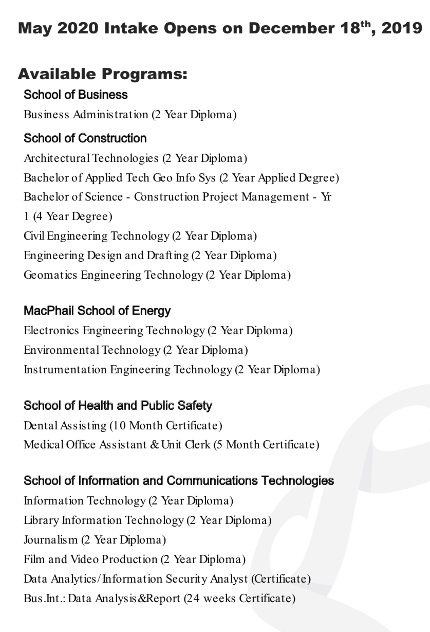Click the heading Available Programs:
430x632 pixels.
click(x=103, y=74)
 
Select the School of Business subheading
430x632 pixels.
click(x=76, y=95)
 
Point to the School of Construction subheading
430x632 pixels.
click(x=85, y=138)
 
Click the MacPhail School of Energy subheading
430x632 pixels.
click(x=97, y=311)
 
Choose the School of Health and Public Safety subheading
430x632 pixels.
click(x=118, y=406)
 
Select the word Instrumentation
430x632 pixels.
click(x=65, y=369)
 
